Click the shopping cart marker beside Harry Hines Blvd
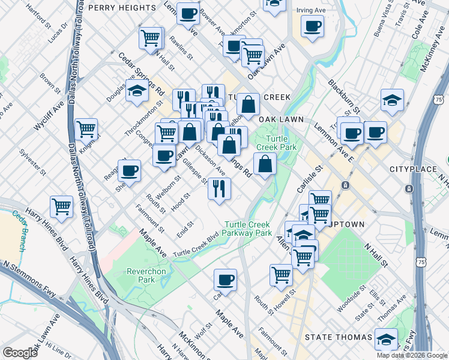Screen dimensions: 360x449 [x=62, y=206]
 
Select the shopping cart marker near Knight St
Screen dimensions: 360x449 [x=86, y=128]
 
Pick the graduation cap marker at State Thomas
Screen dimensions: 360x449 [x=386, y=338]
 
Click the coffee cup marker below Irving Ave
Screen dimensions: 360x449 [x=312, y=26]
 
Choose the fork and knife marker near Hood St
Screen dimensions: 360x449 [x=219, y=188]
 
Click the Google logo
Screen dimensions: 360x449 [x=20, y=353]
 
